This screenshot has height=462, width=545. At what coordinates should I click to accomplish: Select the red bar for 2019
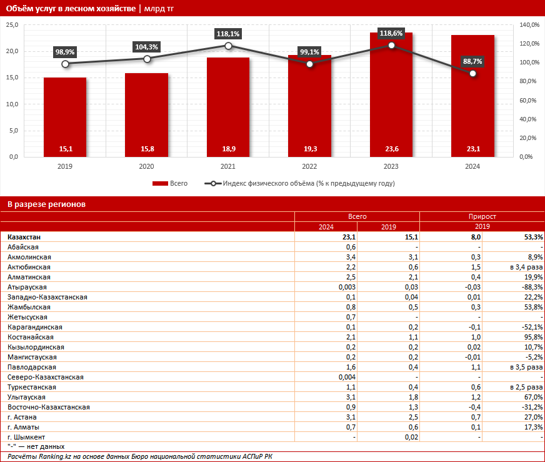tap(65, 116)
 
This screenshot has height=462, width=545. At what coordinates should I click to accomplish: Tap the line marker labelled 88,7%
tap(473, 73)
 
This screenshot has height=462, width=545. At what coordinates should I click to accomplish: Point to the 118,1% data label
tap(228, 33)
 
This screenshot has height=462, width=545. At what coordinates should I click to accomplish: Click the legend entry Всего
tap(171, 183)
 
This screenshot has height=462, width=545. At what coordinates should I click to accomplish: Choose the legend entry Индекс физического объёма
tap(300, 183)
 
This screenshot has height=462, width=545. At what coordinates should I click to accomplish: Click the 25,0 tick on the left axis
tap(12, 24)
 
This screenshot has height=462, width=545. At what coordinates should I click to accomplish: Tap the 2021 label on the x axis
tap(228, 166)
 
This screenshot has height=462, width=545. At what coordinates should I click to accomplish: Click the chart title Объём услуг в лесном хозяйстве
tap(69, 8)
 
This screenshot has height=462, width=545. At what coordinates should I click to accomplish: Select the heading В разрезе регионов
tap(47, 204)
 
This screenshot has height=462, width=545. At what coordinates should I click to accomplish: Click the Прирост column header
tap(482, 216)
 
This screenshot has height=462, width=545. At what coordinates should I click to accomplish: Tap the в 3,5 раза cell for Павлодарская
tap(526, 367)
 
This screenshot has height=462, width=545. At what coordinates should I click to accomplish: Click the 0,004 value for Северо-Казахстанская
tap(346, 377)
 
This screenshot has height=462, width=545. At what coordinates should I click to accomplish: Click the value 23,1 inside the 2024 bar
tap(472, 149)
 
